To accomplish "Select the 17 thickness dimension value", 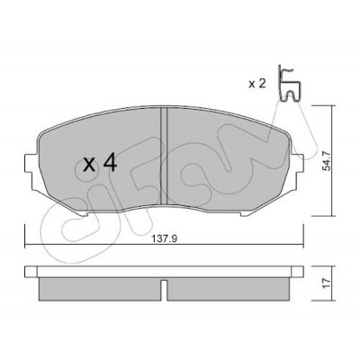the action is (327, 283).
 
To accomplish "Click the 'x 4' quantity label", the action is (100, 164).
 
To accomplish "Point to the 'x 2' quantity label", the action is (257, 84).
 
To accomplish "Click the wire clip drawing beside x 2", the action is (289, 83).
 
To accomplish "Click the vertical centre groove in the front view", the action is (164, 156).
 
